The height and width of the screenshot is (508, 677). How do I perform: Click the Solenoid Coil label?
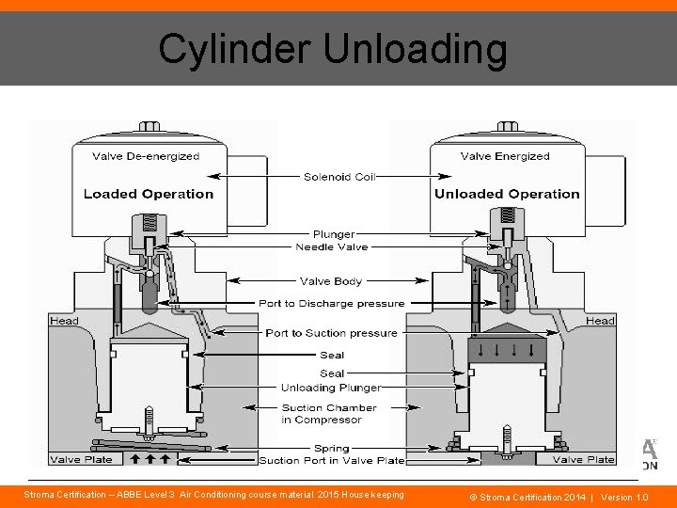[339, 176]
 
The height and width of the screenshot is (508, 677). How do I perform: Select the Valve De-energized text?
[146, 156]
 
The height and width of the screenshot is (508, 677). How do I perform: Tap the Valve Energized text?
[505, 156]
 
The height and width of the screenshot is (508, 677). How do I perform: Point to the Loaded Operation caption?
[149, 194]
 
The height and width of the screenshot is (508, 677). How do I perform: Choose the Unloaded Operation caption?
[507, 194]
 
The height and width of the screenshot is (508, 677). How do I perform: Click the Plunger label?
[334, 234]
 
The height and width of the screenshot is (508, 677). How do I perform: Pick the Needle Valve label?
[332, 246]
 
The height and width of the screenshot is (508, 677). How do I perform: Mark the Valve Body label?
[331, 280]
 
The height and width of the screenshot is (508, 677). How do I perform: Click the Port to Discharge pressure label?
[332, 304]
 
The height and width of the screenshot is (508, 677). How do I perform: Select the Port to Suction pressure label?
[331, 333]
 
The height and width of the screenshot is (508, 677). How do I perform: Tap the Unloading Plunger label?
[331, 388]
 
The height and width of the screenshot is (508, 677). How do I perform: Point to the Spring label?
[331, 448]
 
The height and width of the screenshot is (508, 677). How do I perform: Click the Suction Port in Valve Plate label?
[331, 460]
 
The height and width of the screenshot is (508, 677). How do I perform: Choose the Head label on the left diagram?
[64, 321]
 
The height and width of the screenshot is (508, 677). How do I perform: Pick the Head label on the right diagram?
[600, 321]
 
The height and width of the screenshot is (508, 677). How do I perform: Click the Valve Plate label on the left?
[81, 460]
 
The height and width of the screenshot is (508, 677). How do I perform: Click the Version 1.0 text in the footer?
[624, 496]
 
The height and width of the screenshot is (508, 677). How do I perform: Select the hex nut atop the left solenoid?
[149, 126]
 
